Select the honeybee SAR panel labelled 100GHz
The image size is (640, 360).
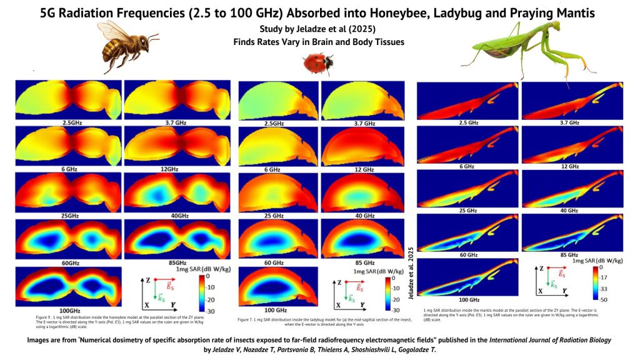67,288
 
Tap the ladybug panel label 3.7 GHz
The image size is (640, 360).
361,124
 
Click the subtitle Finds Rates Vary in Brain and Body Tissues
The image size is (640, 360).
319,42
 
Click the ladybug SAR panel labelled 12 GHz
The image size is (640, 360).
361,144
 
